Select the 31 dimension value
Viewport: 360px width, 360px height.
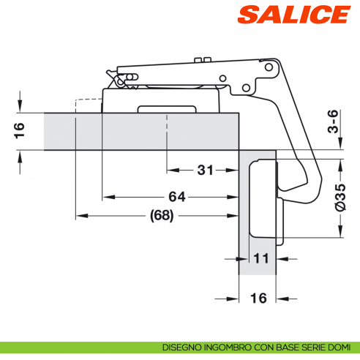point(205,170)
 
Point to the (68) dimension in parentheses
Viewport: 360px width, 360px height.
point(160,216)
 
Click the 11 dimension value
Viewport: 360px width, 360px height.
point(260,258)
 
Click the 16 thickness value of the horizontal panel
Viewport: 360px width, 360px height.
point(20,130)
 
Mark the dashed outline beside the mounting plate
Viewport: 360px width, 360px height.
point(86,105)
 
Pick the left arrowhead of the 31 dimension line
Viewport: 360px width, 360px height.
point(170,170)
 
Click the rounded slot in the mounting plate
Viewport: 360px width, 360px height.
point(168,110)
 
